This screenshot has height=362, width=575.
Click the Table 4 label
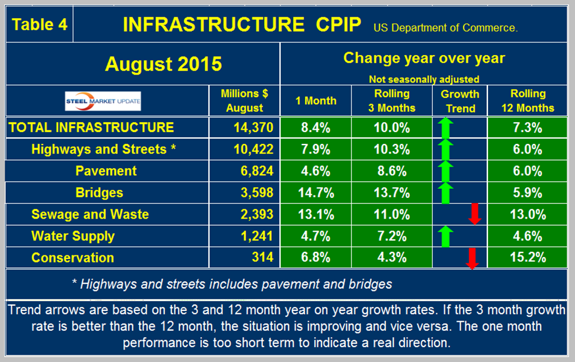(x=39, y=25)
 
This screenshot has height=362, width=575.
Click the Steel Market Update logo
(x=103, y=101)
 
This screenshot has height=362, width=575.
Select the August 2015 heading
(x=163, y=64)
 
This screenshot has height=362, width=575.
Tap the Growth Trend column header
(x=460, y=101)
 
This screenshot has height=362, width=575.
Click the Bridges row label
(x=99, y=193)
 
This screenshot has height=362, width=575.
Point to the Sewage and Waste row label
(x=90, y=214)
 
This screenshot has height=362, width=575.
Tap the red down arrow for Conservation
(x=472, y=258)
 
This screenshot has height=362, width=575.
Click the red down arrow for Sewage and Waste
(x=474, y=214)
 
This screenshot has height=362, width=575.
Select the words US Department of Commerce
(x=445, y=28)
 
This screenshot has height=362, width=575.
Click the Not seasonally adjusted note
(x=424, y=79)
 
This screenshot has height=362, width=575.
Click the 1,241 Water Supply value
(x=255, y=236)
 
